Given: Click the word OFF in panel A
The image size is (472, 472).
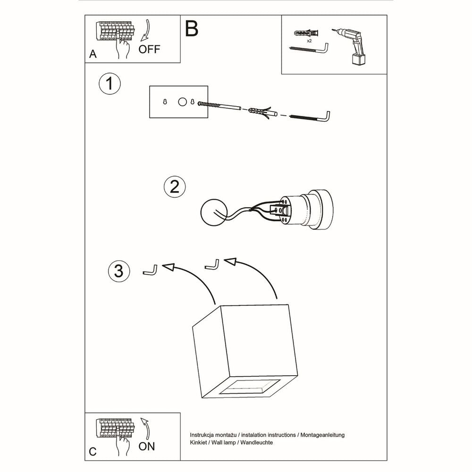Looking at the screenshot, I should click(x=149, y=49).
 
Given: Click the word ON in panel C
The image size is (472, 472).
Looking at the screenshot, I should click(x=147, y=446).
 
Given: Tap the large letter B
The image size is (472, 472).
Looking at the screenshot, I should click(x=192, y=29).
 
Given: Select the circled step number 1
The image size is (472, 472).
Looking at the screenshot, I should click(x=110, y=84).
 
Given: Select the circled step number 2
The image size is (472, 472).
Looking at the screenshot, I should click(x=174, y=187).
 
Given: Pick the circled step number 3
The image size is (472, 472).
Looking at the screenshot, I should click(x=118, y=271).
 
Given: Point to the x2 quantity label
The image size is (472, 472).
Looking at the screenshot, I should click(x=309, y=41).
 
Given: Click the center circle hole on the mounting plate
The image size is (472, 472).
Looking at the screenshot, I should click(x=182, y=101).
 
